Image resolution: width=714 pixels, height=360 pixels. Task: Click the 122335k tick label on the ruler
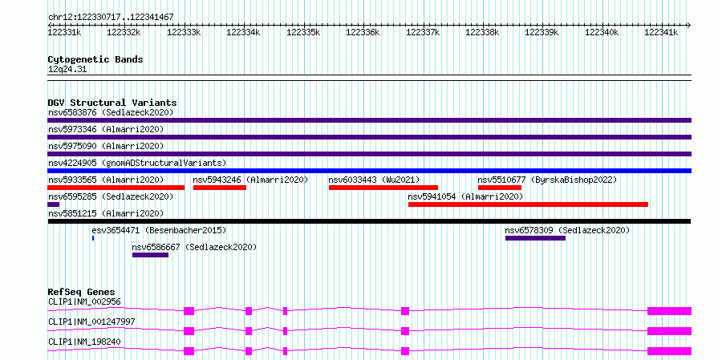[303, 33]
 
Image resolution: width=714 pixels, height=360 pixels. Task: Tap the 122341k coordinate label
[661, 33]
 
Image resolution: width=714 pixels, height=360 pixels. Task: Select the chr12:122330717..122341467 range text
[111, 18]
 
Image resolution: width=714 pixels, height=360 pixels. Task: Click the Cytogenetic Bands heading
[95, 59]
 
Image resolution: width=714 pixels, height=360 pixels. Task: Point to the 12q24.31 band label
[67, 70]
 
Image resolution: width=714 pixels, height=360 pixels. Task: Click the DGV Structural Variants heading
[112, 103]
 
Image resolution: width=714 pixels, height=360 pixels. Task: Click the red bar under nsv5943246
[220, 188]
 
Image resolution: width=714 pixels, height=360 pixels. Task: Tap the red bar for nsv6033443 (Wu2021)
[383, 188]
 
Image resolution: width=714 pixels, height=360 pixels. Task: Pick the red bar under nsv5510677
[500, 188]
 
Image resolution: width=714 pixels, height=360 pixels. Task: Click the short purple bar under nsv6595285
[53, 204]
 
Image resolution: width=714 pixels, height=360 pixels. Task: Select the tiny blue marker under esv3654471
[93, 238]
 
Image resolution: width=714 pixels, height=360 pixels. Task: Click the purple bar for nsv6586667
[150, 255]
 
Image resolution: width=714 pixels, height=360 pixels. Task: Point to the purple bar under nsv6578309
[536, 238]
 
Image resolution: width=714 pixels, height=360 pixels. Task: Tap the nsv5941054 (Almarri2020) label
[465, 196]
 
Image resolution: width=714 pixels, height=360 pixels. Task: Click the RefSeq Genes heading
[82, 292]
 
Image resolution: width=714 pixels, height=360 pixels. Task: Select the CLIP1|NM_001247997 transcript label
[91, 322]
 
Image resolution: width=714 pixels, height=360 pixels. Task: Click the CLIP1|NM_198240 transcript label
[84, 342]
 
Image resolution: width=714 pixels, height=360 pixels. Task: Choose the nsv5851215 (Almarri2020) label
[106, 213]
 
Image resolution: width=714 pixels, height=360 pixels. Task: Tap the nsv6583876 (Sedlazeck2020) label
[111, 112]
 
